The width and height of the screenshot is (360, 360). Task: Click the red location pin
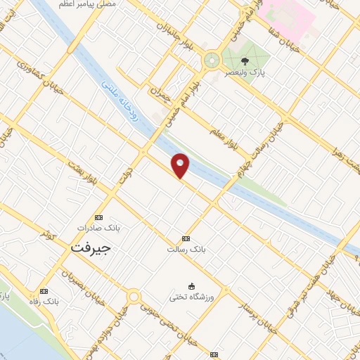(181, 165)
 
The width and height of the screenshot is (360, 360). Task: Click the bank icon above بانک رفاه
(44, 291)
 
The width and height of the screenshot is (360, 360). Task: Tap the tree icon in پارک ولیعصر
(245, 61)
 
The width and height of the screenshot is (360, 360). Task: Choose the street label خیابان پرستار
(250, 302)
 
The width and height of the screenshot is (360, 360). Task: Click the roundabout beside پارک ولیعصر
(211, 60)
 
